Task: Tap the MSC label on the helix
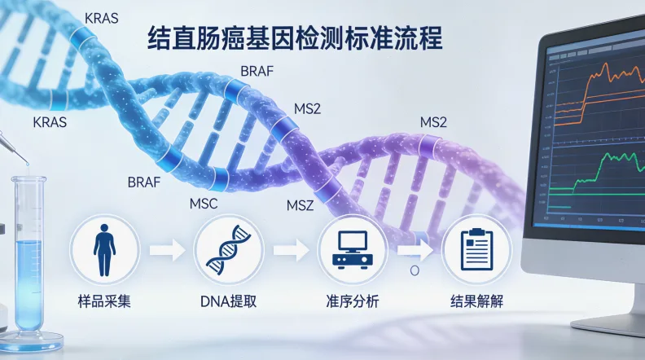coord(203,203)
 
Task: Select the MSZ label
coord(301,204)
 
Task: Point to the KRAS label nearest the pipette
coord(49,123)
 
